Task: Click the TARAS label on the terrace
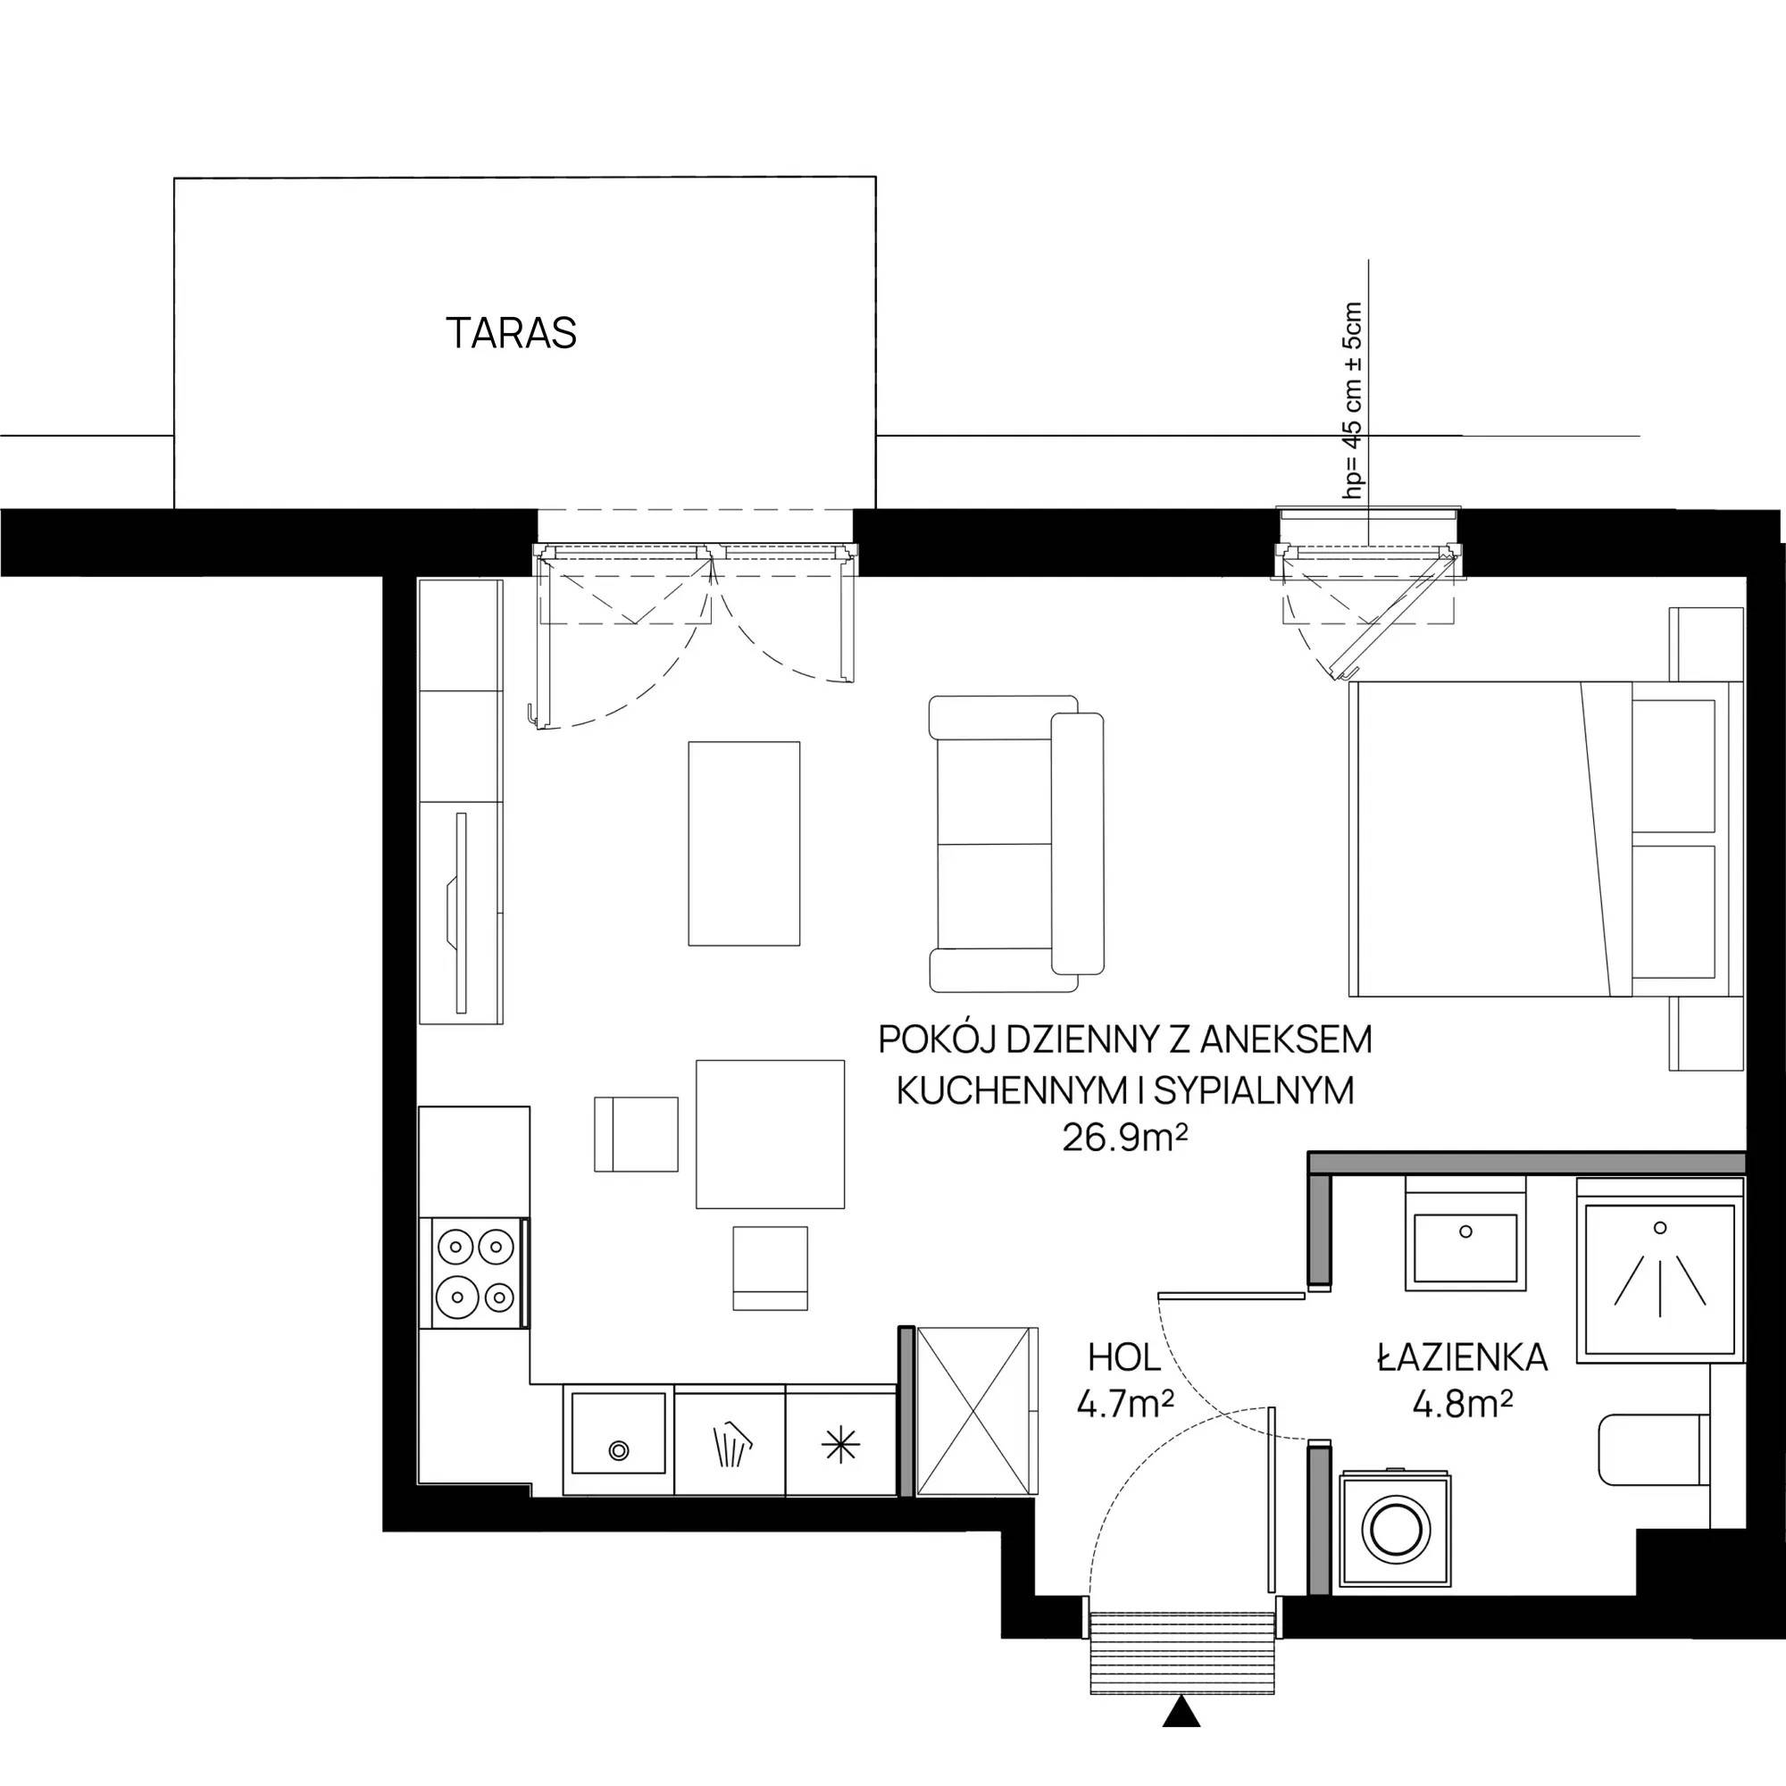[x=511, y=333]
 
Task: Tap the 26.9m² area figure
[x=1124, y=1137]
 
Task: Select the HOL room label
[x=1124, y=1358]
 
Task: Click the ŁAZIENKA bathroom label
[x=1463, y=1357]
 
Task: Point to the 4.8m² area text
[x=1463, y=1404]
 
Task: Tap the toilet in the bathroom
[x=1655, y=1449]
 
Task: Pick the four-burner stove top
[x=474, y=1273]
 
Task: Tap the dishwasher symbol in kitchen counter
[x=731, y=1443]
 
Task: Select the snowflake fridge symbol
[x=840, y=1445]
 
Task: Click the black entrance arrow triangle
[x=1181, y=1712]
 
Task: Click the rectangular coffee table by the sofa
[x=744, y=843]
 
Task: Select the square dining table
[x=770, y=1134]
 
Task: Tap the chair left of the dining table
[x=636, y=1134]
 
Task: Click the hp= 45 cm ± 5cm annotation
[x=1354, y=401]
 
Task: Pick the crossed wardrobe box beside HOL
[x=976, y=1411]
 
